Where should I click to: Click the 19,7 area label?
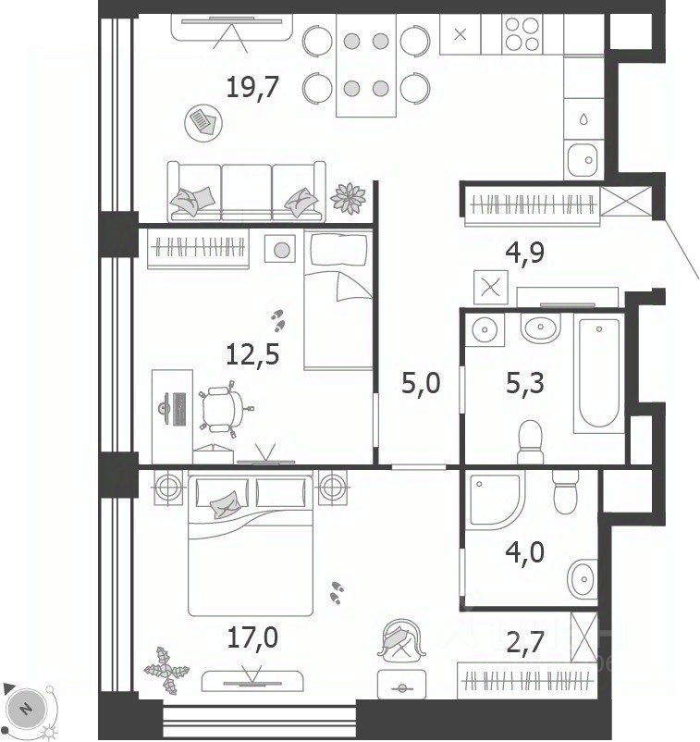coord(252,88)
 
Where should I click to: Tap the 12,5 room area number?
coord(252,354)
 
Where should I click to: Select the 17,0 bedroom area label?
coord(252,637)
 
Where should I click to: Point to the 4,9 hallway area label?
coord(525,254)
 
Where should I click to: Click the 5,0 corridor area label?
coord(421,383)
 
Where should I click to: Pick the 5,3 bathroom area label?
coord(525,383)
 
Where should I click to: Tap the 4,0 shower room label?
coord(525,552)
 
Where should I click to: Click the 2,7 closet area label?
coord(525,642)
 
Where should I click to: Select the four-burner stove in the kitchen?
coord(522,33)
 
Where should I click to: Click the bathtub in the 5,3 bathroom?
coord(599,373)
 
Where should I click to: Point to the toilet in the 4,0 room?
coord(565,491)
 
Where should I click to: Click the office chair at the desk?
coord(221,409)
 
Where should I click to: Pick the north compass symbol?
coord(27,708)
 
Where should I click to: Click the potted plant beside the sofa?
coord(349,198)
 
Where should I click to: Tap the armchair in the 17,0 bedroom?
coord(401,639)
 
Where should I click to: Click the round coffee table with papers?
coord(203,123)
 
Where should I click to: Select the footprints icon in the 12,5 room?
coord(278,320)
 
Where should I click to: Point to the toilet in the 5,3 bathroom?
coord(530,442)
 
